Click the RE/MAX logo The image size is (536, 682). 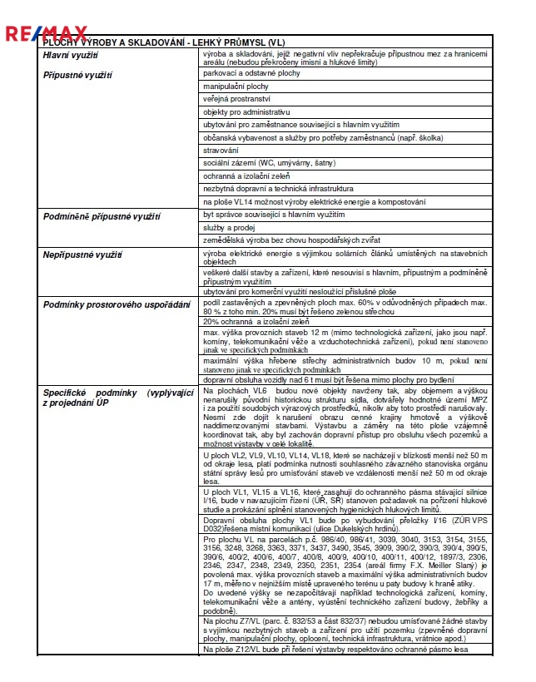(x=46, y=34)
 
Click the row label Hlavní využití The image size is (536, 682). (x=71, y=56)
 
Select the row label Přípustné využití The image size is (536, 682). (x=77, y=75)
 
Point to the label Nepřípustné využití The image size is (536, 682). (x=82, y=254)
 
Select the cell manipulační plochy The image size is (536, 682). (x=236, y=86)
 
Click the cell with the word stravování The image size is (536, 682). (x=221, y=150)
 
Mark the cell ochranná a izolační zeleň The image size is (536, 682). (x=247, y=175)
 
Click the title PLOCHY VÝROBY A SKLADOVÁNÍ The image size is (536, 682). (x=176, y=42)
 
